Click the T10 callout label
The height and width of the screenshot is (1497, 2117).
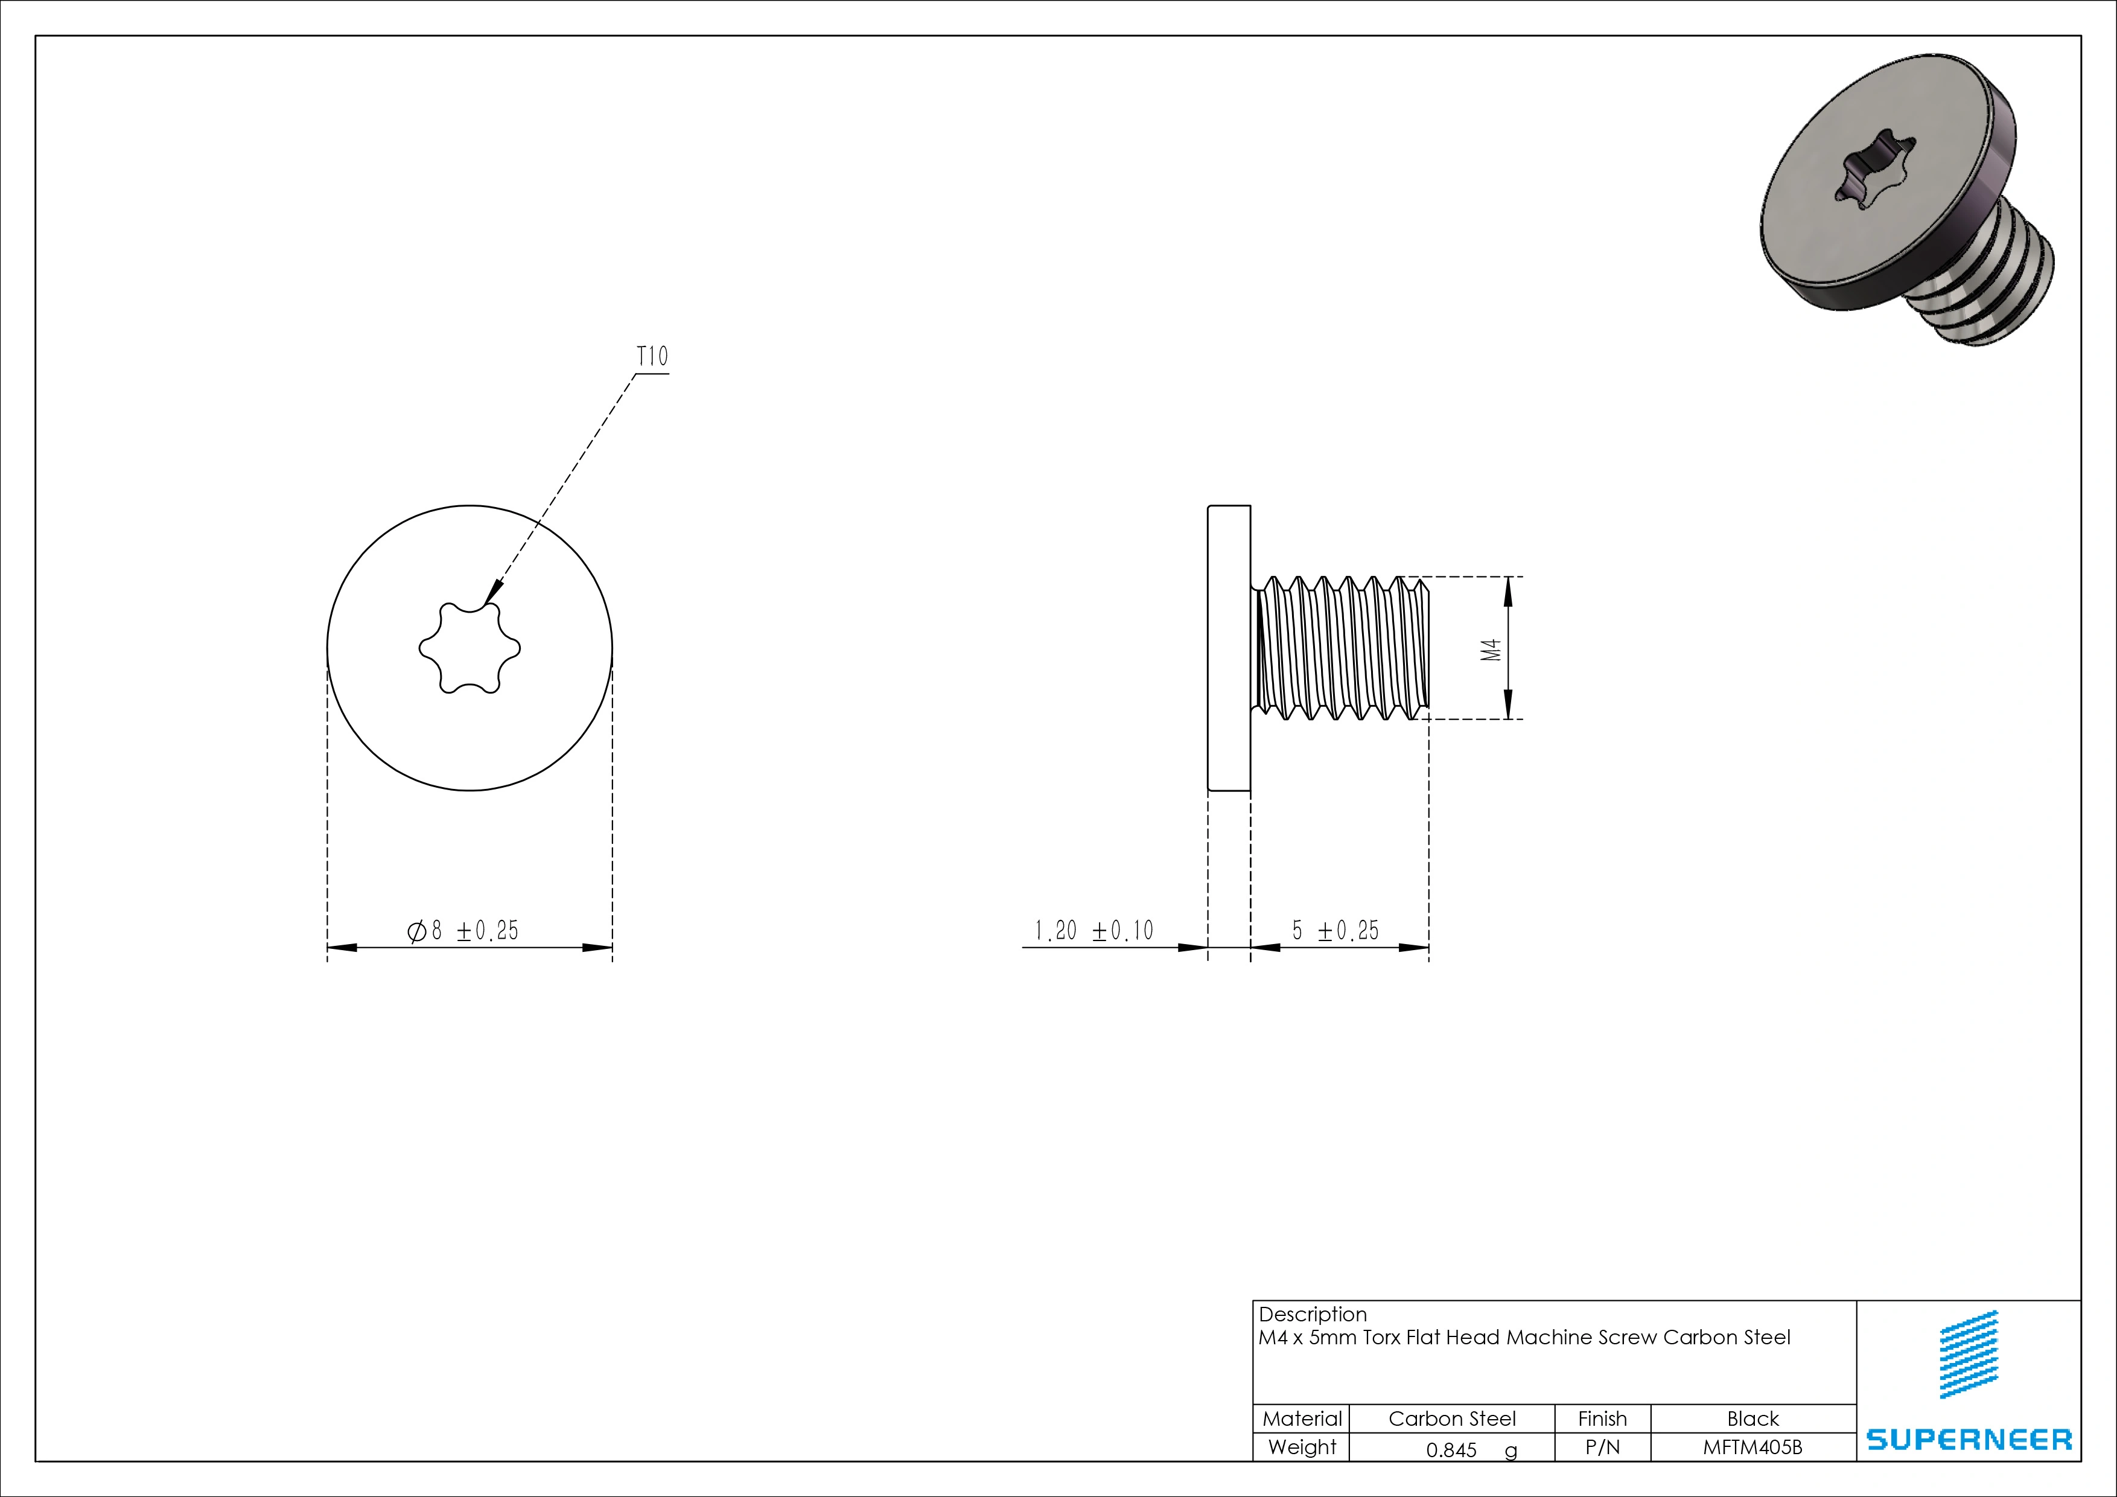pyautogui.click(x=652, y=356)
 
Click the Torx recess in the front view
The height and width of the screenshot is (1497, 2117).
pyautogui.click(x=470, y=648)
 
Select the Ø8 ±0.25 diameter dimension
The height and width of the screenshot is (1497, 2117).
pyautogui.click(x=463, y=931)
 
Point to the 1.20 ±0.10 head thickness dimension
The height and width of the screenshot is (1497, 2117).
pyautogui.click(x=1094, y=931)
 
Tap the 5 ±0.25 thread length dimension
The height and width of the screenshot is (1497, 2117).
pyautogui.click(x=1335, y=931)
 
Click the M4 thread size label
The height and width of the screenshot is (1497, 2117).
pyautogui.click(x=1491, y=650)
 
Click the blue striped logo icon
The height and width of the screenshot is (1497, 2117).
pyautogui.click(x=1970, y=1354)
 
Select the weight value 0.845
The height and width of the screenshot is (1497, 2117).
pyautogui.click(x=1451, y=1450)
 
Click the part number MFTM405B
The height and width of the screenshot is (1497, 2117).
pyautogui.click(x=1752, y=1447)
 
